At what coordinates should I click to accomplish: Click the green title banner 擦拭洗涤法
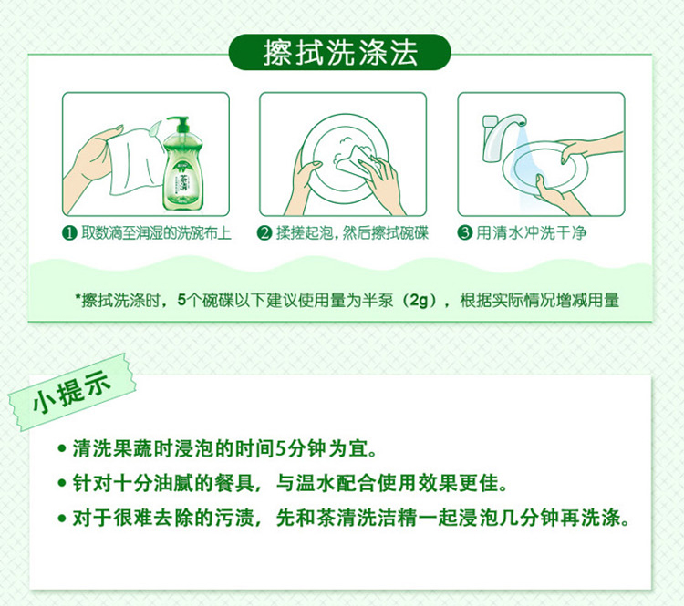pos(339,52)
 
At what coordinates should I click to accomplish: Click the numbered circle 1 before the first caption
pos(70,233)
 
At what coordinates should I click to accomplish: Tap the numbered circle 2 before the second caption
pos(264,233)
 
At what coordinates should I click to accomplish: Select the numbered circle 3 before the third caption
pos(465,232)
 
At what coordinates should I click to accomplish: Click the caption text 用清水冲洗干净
pos(531,232)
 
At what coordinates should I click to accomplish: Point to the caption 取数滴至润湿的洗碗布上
pos(156,233)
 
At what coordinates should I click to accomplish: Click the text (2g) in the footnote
pos(420,301)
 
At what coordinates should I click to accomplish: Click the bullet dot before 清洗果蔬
pos(62,448)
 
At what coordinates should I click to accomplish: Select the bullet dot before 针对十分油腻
pos(62,483)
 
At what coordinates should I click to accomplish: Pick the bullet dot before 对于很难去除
pos(62,518)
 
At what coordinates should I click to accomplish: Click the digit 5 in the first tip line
pos(281,449)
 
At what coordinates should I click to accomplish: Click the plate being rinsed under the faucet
pos(544,167)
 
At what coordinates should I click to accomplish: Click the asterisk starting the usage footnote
pos(78,297)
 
